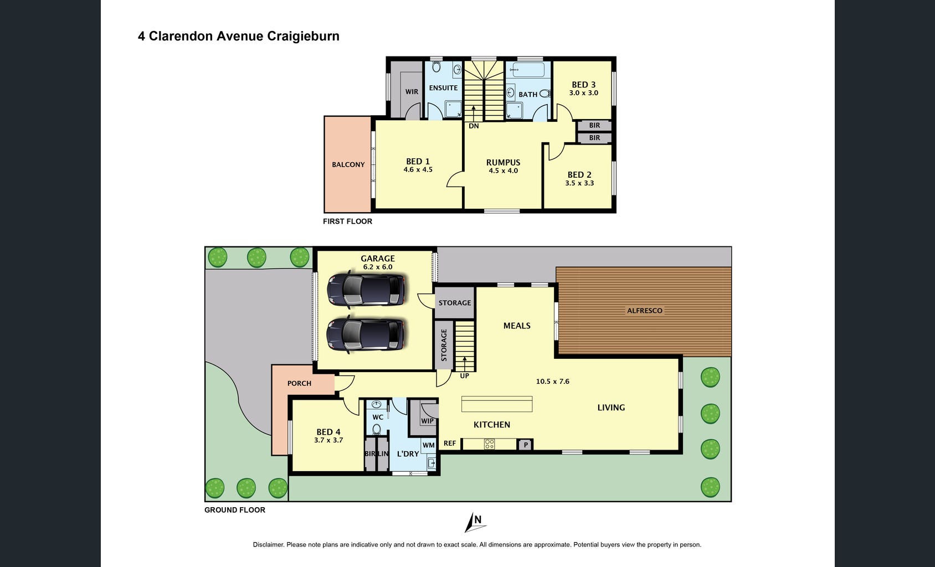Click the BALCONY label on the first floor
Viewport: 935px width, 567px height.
pos(348,164)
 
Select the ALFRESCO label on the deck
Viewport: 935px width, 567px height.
pos(645,311)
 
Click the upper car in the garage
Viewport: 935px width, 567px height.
pos(366,289)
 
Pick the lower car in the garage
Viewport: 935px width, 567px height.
pos(365,334)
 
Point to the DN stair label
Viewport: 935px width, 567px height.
pos(474,126)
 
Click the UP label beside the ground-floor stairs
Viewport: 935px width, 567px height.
pos(465,376)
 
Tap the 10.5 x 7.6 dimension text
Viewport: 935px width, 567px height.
pos(553,382)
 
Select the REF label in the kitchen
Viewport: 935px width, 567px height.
pos(450,443)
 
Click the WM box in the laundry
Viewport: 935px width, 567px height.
pos(429,445)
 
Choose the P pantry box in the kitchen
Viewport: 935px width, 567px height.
pos(526,445)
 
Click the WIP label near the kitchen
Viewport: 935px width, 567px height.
pos(427,421)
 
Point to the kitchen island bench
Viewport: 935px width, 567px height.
pos(497,404)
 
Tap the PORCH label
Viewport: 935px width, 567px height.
pos(299,383)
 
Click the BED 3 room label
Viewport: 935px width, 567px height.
pos(583,85)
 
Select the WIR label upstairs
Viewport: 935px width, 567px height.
pos(412,92)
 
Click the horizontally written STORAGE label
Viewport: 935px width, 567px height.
pos(455,303)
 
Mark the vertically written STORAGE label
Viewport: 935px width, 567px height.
pos(444,345)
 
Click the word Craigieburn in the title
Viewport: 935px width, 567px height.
pos(303,37)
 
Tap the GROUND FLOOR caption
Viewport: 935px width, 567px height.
pos(235,510)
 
